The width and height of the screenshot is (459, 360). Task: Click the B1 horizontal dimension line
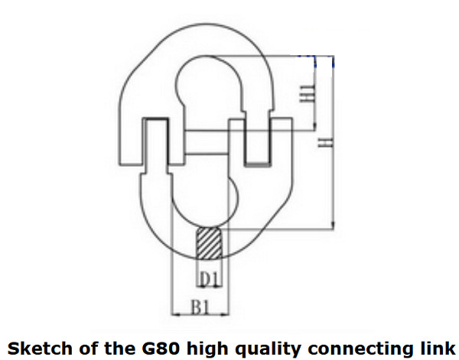click(199, 314)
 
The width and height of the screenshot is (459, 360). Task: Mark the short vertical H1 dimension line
click(315, 92)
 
